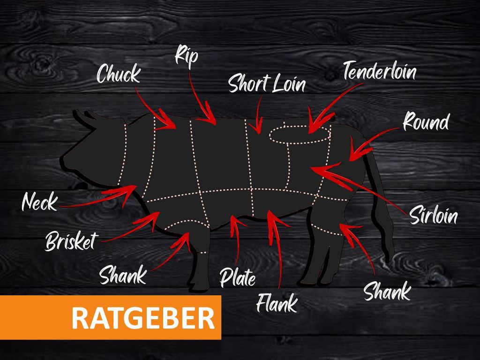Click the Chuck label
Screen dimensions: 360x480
click(118, 74)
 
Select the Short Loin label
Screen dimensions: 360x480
click(267, 84)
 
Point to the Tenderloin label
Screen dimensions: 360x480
click(379, 71)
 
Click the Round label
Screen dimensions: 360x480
click(426, 122)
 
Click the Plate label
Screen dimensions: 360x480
click(238, 277)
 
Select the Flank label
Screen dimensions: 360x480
click(277, 302)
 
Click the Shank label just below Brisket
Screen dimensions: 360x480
click(123, 275)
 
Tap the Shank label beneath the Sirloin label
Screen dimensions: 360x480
click(387, 292)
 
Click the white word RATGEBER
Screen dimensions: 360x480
click(143, 318)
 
